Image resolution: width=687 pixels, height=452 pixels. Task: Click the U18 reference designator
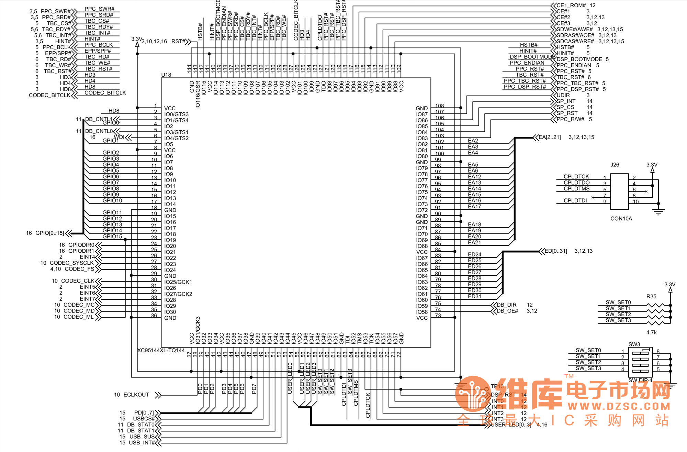point(166,75)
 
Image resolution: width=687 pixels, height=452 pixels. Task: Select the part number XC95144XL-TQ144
point(161,350)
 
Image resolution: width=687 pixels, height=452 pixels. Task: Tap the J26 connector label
point(615,165)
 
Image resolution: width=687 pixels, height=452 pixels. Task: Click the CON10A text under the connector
point(621,219)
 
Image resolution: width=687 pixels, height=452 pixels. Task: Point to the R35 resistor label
point(651,296)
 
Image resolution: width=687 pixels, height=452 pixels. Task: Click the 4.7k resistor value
point(651,332)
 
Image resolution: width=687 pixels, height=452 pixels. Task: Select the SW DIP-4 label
point(640,380)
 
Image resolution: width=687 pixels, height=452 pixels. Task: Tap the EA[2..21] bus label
point(550,137)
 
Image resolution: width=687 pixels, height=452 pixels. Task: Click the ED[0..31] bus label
point(556,251)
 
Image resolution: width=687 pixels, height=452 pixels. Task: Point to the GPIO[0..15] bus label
point(49,233)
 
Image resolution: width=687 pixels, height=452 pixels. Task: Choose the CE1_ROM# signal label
point(571,5)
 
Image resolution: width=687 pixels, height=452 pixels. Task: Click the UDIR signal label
point(563,95)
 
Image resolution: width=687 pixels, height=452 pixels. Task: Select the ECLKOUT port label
point(136,395)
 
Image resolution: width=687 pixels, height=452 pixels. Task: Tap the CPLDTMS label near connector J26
point(576,188)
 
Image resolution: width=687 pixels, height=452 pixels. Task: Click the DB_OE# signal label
point(507,311)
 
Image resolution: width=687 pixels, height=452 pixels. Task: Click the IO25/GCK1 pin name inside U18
point(178,282)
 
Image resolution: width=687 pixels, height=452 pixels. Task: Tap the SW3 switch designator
point(634,344)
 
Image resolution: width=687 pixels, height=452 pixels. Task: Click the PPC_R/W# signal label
point(570,119)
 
